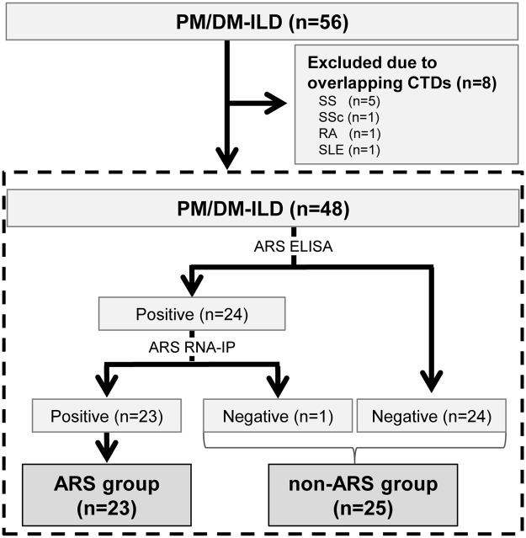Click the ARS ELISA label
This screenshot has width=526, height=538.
pos(293,247)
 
